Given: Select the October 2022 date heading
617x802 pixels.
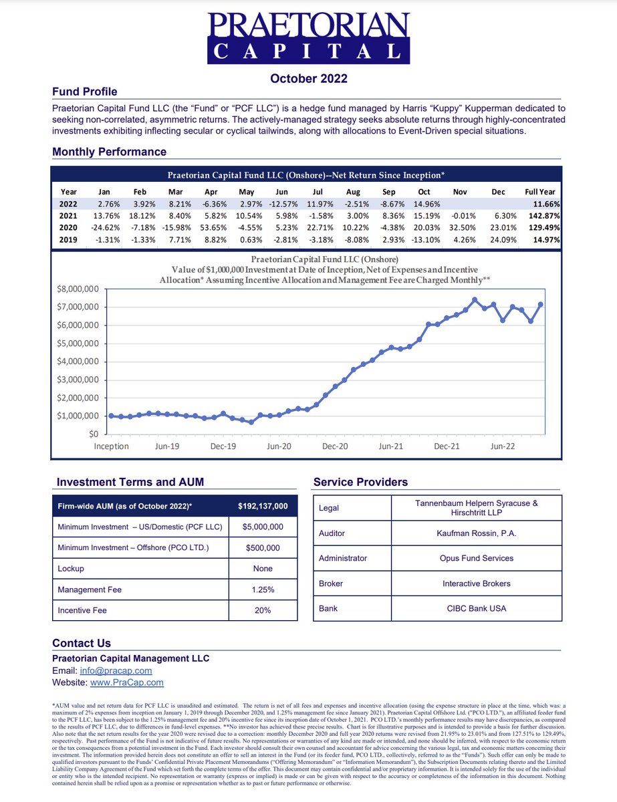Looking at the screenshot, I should pyautogui.click(x=308, y=79).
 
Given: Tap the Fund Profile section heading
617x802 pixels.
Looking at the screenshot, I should pyautogui.click(x=85, y=92).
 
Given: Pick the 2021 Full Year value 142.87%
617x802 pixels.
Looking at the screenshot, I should pyautogui.click(x=541, y=216).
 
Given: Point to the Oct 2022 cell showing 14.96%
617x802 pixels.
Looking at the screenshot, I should pyautogui.click(x=425, y=204).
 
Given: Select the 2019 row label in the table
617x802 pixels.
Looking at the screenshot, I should pyautogui.click(x=68, y=240).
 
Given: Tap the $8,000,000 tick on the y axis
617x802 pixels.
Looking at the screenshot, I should pyautogui.click(x=76, y=289).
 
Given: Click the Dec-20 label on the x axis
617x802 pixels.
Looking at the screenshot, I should pyautogui.click(x=335, y=446).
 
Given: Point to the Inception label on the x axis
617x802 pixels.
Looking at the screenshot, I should pyautogui.click(x=112, y=446).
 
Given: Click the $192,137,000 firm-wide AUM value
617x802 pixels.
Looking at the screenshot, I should pyautogui.click(x=263, y=507).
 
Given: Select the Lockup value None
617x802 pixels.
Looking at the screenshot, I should pyautogui.click(x=263, y=569).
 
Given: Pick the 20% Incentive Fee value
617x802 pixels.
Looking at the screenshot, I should pyautogui.click(x=263, y=610).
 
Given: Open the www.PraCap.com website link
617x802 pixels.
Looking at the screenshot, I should pyautogui.click(x=126, y=682).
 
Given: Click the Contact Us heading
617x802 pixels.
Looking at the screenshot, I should pyautogui.click(x=82, y=643).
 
